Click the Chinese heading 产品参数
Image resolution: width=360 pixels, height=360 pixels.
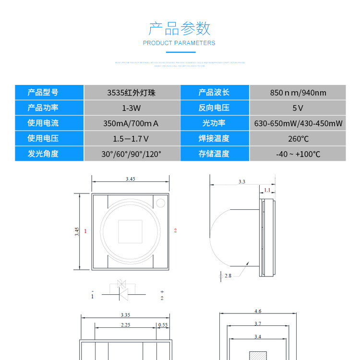pyautogui.click(x=180, y=28)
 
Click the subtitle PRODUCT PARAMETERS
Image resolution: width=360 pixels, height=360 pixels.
pyautogui.click(x=179, y=43)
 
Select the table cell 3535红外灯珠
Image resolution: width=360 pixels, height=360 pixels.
pyautogui.click(x=132, y=93)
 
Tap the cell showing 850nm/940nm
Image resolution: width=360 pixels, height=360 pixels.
pyautogui.click(x=298, y=93)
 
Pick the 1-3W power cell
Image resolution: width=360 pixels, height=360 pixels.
pyautogui.click(x=132, y=108)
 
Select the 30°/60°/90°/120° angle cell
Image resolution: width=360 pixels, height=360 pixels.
pyautogui.click(x=132, y=154)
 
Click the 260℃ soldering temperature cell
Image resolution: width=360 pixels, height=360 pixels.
pyautogui.click(x=298, y=139)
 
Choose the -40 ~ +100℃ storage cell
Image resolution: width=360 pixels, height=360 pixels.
pyautogui.click(x=298, y=154)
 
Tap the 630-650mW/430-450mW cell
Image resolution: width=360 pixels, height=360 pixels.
pyautogui.click(x=298, y=123)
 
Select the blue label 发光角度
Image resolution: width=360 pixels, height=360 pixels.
pyautogui.click(x=43, y=154)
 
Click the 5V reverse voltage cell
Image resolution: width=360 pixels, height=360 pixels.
pyautogui.click(x=298, y=108)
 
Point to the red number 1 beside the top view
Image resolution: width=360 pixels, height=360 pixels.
pyautogui.click(x=85, y=231)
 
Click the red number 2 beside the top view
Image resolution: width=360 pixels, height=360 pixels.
pyautogui.click(x=175, y=231)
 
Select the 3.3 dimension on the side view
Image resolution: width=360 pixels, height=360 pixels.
pyautogui.click(x=241, y=182)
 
